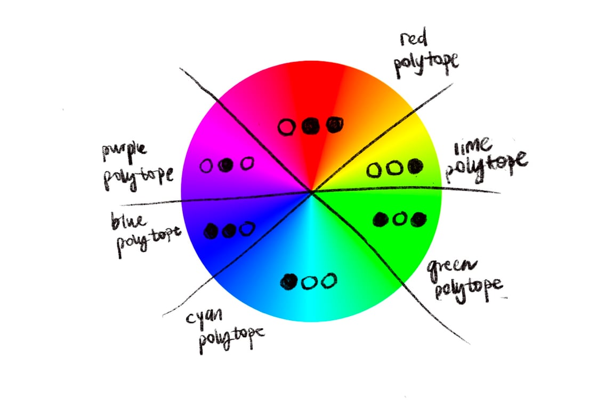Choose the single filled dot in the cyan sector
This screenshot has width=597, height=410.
(289, 281)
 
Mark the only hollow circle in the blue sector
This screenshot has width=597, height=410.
(247, 230)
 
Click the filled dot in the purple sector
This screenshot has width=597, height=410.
(227, 165)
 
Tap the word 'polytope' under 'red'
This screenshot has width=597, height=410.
(426, 62)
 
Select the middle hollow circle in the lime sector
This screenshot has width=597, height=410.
(394, 169)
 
